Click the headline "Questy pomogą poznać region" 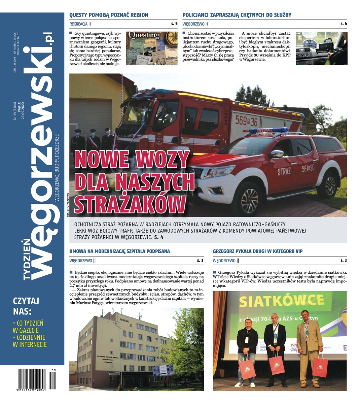tap(109, 15)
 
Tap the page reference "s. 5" tap(174, 24)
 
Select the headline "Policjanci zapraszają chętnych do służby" tap(237, 15)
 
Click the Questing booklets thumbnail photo tap(151, 48)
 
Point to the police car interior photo tap(321, 48)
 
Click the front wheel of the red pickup tap(249, 196)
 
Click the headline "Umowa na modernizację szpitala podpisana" tap(119, 251)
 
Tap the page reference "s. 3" tap(200, 260)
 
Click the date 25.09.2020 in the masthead tap(23, 110)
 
